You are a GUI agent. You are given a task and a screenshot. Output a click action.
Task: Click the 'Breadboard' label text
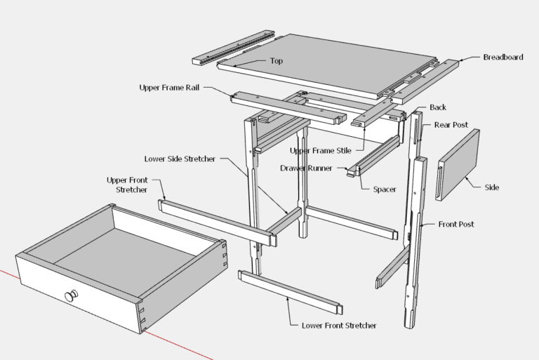[503, 57]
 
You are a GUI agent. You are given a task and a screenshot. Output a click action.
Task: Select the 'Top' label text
[277, 61]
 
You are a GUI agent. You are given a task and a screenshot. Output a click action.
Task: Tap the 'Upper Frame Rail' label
[171, 88]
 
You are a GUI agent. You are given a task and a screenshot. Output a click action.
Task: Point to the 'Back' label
[438, 107]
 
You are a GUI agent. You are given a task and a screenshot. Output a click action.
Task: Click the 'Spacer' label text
[385, 189]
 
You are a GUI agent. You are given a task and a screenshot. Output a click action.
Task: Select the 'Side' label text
[492, 187]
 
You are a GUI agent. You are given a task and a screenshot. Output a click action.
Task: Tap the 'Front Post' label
[456, 225]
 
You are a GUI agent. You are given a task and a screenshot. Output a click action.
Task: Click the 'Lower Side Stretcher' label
[180, 159]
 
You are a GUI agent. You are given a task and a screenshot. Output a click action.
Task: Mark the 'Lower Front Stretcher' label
[339, 326]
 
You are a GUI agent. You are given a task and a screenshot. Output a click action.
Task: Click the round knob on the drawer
[72, 296]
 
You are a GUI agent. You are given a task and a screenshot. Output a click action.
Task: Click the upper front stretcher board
[213, 220]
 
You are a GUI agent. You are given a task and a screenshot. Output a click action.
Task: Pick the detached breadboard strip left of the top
[235, 46]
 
